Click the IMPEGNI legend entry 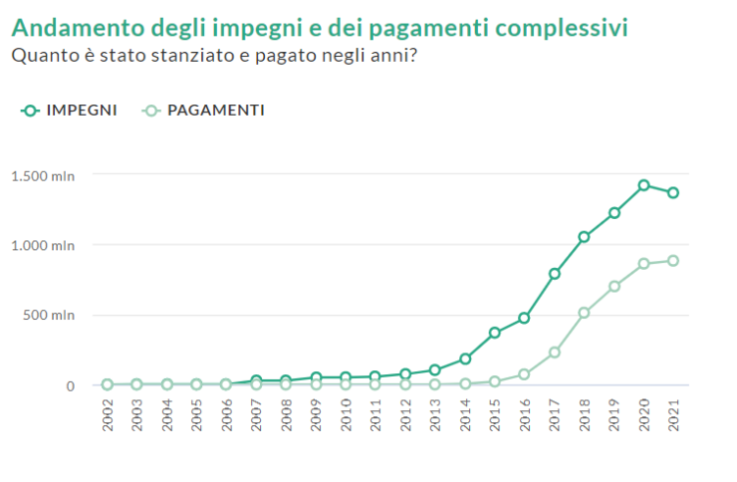click(x=70, y=111)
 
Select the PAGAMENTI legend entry click(x=204, y=111)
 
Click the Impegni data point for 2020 click(x=644, y=185)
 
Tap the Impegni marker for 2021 click(x=673, y=192)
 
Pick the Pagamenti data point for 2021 click(x=673, y=261)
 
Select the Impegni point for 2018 click(x=585, y=237)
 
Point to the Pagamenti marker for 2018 click(x=585, y=313)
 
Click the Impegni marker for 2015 click(x=495, y=333)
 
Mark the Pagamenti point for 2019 click(x=614, y=286)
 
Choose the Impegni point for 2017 click(x=555, y=274)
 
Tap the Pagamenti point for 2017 click(x=555, y=353)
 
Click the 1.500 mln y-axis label click(x=43, y=176)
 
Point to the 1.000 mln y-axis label click(x=43, y=246)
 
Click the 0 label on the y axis click(x=70, y=386)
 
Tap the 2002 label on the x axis click(x=108, y=415)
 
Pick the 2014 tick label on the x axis click(x=465, y=415)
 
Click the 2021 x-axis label click(x=674, y=415)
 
